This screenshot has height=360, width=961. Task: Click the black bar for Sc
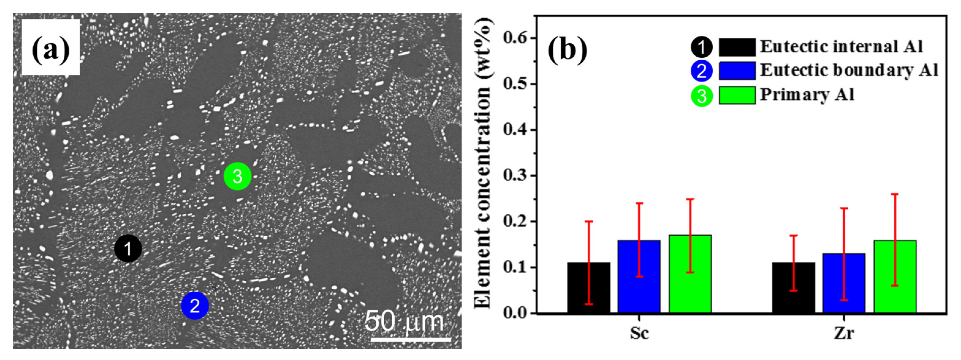pos(589,287)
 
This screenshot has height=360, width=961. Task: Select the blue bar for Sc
pos(639,276)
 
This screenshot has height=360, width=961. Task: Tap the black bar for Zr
pos(793,287)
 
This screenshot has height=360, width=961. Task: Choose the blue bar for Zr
pos(844,283)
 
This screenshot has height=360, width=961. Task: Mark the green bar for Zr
pos(895,276)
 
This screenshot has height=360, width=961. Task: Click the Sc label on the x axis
pos(639,333)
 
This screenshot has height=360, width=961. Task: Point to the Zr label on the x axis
pos(844,333)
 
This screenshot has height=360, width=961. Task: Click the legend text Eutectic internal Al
pos(842,47)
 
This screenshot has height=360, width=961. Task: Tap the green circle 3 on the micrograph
pos(238,176)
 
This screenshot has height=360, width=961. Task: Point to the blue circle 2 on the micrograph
pos(195,306)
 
